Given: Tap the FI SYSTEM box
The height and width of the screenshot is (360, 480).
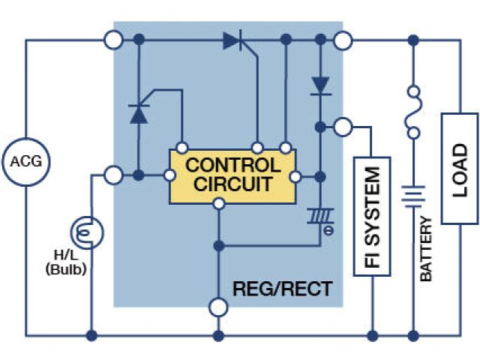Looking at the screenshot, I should [373, 217].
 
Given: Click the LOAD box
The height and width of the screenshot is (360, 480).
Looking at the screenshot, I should [459, 168].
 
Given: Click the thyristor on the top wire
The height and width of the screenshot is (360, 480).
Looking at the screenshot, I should [234, 40].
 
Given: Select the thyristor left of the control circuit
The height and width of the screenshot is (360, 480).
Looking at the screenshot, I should [139, 113].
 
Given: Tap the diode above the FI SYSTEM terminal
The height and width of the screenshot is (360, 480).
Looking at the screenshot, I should [321, 84].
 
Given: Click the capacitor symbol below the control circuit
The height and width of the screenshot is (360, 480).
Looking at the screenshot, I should [321, 217].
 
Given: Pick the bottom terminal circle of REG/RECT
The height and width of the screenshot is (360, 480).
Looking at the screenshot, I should [218, 307].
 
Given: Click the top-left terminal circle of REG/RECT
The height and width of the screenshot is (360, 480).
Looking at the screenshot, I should [113, 39].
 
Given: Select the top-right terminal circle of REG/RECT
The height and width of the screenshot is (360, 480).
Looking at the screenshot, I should [343, 39].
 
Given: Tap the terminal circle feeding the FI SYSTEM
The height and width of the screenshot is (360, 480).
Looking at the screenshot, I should [343, 127].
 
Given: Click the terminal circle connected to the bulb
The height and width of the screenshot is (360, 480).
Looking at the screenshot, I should [113, 175].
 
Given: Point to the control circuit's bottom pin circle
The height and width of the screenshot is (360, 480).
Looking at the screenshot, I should [218, 203].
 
